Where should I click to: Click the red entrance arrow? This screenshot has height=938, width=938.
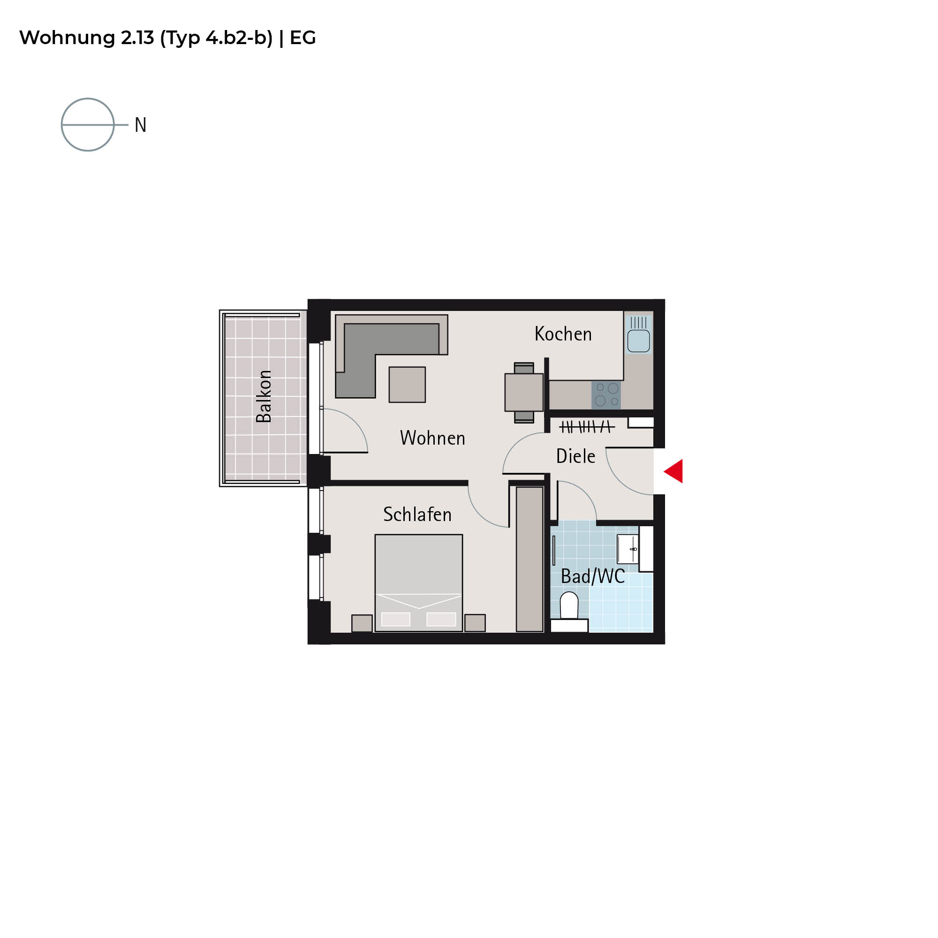(675, 471)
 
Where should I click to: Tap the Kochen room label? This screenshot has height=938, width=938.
(563, 334)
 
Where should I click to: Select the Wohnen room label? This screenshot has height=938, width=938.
(432, 438)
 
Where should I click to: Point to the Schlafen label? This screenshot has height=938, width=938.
(417, 514)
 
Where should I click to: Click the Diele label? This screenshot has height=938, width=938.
(576, 456)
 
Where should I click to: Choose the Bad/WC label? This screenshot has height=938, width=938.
(593, 576)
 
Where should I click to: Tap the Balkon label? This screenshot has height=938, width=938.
(264, 396)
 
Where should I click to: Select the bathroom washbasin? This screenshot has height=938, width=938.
(628, 549)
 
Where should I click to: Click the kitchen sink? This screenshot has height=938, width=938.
(638, 334)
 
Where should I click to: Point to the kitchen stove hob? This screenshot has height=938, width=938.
(606, 395)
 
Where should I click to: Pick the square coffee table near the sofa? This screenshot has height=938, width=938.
(407, 385)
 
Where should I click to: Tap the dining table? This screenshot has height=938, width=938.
(524, 392)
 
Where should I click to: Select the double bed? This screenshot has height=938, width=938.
(418, 583)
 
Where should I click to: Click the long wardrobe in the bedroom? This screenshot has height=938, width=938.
(529, 560)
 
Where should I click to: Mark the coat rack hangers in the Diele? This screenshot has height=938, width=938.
(587, 427)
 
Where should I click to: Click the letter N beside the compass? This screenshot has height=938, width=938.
(140, 125)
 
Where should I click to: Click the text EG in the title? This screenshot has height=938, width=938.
(303, 38)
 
